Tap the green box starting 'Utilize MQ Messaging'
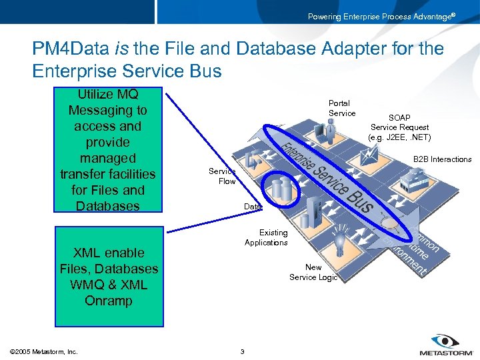[108, 150]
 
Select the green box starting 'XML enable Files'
[108, 277]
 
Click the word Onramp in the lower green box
[108, 301]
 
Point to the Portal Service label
[341, 109]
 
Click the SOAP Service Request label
[399, 127]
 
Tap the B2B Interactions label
[442, 159]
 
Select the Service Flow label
[222, 177]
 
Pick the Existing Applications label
[266, 237]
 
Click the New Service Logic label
[313, 272]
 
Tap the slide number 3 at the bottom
[242, 351]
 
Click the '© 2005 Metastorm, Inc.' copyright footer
[45, 351]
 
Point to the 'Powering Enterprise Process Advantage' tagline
[381, 16]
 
